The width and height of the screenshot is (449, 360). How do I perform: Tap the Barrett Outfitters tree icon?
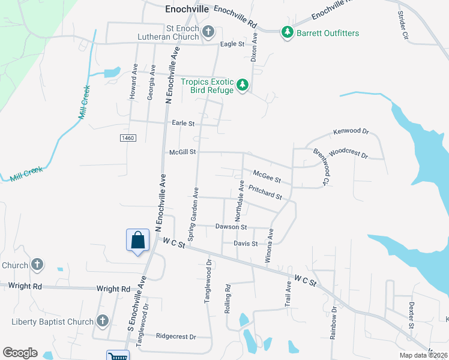pos(288,32)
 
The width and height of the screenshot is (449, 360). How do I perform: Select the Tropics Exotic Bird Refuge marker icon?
pos(243,85)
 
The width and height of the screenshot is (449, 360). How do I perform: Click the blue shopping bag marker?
pos(138,240)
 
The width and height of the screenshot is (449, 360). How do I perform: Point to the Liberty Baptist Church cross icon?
pos(102,322)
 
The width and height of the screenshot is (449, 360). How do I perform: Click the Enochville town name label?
pos(187,10)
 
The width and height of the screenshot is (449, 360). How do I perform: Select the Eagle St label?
pos(232,44)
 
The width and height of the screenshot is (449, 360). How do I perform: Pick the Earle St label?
pos(183,124)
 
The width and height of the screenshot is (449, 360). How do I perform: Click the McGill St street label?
pos(182,152)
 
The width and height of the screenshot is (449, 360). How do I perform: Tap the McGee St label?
pos(267,175)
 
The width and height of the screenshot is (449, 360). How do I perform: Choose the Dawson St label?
pos(231,227)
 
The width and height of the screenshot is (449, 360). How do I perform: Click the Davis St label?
pos(246,244)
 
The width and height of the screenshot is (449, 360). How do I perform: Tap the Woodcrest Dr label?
pos(348,153)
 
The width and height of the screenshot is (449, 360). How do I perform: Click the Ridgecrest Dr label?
pos(176,337)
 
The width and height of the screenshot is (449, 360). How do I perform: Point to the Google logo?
pos(20,353)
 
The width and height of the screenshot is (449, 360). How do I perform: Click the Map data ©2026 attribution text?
pos(424,355)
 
